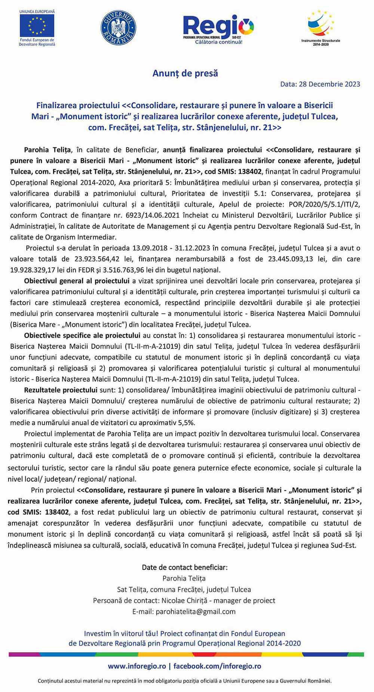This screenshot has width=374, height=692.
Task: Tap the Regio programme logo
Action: pos(218,28)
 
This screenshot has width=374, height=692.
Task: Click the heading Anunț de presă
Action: pos(185,73)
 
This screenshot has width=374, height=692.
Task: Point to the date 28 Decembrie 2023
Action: pos(329,84)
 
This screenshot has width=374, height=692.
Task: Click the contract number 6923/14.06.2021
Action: pos(141,215)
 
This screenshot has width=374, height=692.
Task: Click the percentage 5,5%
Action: pos(185,423)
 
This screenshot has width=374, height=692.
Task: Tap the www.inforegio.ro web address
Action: pos(137,666)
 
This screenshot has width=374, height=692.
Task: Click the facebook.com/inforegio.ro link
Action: pos(217,666)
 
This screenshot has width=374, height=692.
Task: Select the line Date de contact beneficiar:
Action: pos(185,567)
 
